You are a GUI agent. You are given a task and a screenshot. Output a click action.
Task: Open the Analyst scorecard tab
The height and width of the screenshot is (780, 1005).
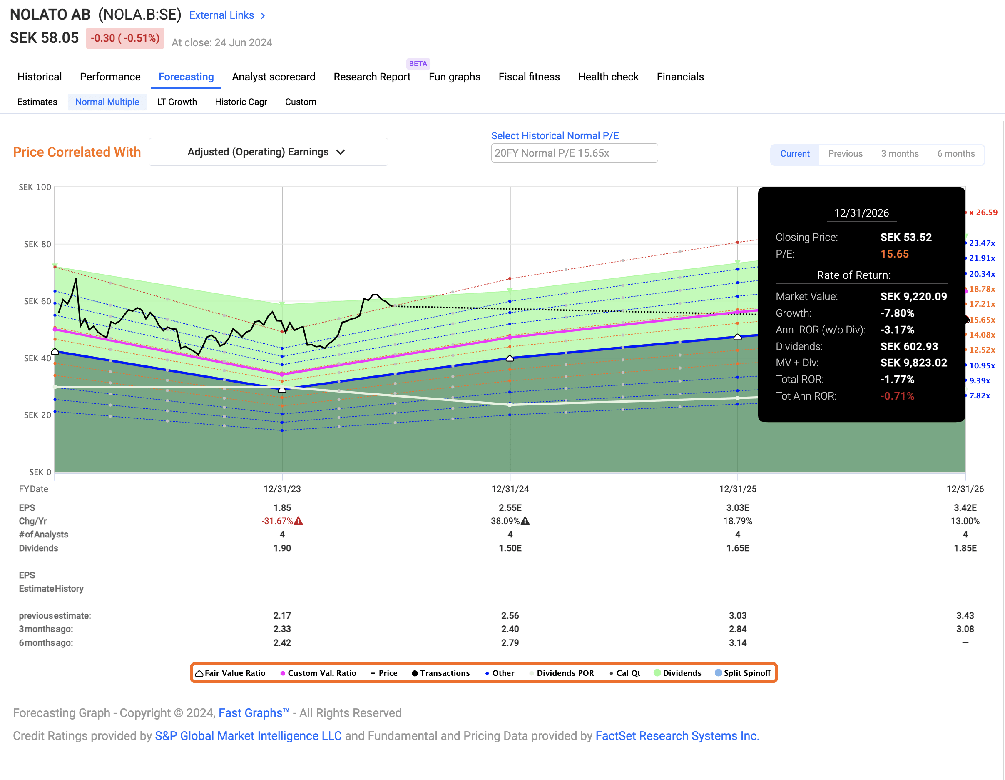pyautogui.click(x=274, y=77)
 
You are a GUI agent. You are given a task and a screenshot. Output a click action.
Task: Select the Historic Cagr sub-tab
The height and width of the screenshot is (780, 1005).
pyautogui.click(x=241, y=102)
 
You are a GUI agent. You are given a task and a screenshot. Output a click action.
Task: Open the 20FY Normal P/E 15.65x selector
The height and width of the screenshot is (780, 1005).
pyautogui.click(x=574, y=153)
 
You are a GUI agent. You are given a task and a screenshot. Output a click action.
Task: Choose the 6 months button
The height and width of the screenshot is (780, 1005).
pyautogui.click(x=956, y=154)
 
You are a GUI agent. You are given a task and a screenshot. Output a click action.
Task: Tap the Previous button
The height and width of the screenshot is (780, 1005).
pyautogui.click(x=845, y=154)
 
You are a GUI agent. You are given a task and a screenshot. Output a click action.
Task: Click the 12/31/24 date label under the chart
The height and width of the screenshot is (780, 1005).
pyautogui.click(x=510, y=489)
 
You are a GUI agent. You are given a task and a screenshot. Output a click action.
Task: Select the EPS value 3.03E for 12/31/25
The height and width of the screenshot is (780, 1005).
pyautogui.click(x=738, y=508)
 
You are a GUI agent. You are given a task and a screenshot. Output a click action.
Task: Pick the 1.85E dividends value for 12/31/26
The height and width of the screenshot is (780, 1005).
pyautogui.click(x=965, y=548)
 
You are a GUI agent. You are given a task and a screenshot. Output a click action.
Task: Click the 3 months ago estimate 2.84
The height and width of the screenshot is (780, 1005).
pyautogui.click(x=738, y=629)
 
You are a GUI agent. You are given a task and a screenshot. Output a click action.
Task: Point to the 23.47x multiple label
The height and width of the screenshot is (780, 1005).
pyautogui.click(x=982, y=243)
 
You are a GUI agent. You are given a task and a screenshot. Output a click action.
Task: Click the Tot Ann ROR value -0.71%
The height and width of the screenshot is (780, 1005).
pyautogui.click(x=897, y=396)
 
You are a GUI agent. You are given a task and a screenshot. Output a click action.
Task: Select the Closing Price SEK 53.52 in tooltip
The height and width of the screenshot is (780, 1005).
pyautogui.click(x=905, y=237)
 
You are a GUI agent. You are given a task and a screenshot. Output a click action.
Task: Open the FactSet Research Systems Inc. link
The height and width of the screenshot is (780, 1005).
pyautogui.click(x=677, y=736)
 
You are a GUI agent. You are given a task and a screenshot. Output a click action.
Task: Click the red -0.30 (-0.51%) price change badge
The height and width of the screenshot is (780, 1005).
pyautogui.click(x=125, y=38)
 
